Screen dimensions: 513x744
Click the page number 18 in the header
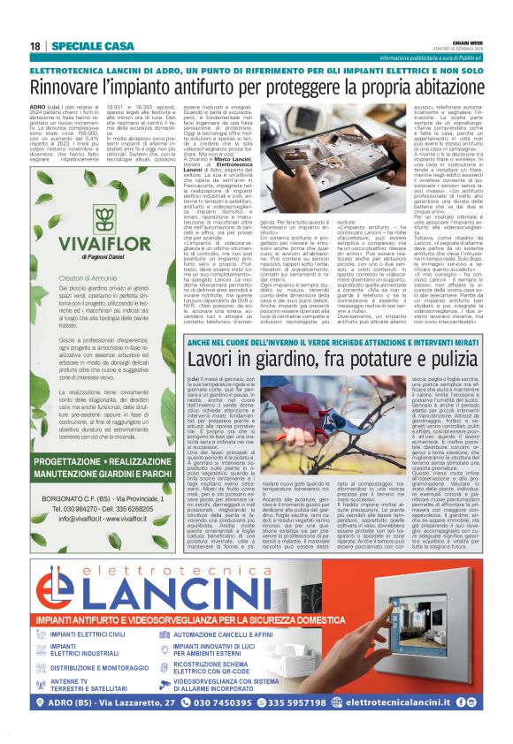point(35,46)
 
